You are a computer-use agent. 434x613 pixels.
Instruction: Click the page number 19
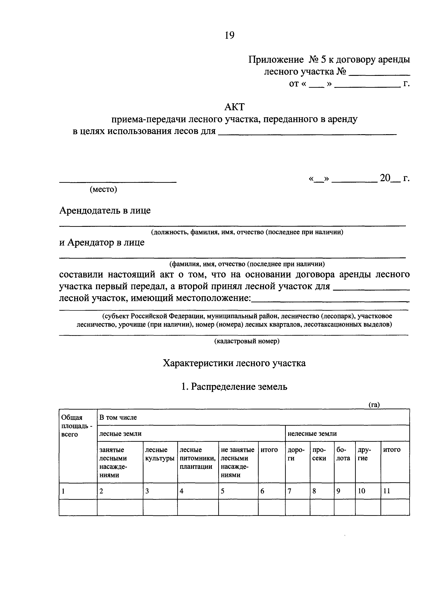pyautogui.click(x=229, y=35)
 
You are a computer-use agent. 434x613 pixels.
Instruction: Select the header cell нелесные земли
pyautogui.click(x=312, y=434)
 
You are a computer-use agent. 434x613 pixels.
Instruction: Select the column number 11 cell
pyautogui.click(x=387, y=491)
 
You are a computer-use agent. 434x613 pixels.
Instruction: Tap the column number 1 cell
pyautogui.click(x=63, y=491)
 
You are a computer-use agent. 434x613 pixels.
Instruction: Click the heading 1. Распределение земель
pyautogui.click(x=234, y=387)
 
